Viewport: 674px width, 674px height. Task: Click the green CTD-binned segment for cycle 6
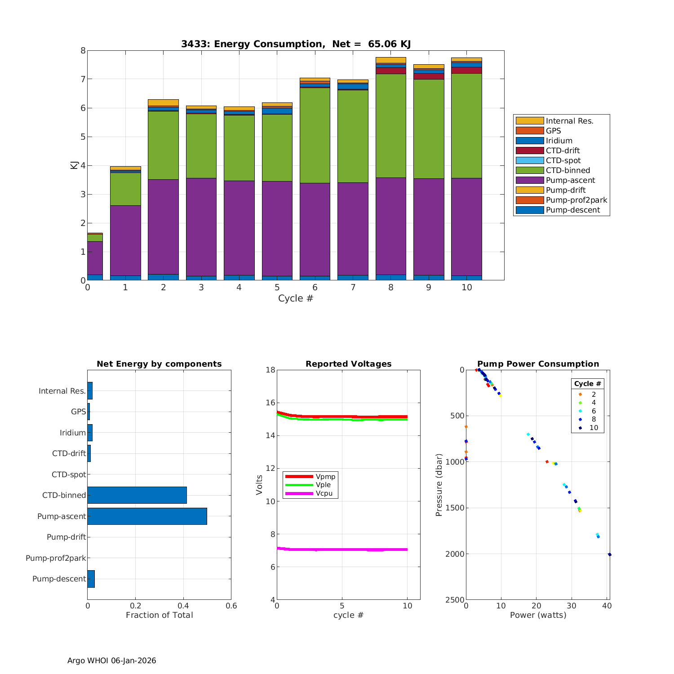click(x=315, y=135)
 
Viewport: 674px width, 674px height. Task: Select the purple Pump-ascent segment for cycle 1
click(x=125, y=240)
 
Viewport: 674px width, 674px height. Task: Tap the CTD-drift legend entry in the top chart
click(x=562, y=151)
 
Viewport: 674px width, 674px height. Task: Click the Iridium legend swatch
click(x=529, y=141)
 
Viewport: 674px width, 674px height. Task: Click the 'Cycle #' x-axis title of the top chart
click(x=296, y=298)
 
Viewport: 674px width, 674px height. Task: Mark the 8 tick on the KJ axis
click(x=83, y=50)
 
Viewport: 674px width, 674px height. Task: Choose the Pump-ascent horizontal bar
click(x=147, y=516)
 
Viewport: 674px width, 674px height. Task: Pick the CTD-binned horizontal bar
click(x=137, y=495)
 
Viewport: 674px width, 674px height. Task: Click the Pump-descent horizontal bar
click(x=91, y=579)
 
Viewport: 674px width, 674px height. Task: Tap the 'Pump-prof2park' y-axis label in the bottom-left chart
click(x=55, y=558)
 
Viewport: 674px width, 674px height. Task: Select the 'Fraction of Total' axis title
click(x=159, y=615)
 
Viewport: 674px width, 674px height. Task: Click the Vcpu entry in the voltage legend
click(x=324, y=493)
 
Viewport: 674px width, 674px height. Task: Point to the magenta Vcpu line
click(x=341, y=550)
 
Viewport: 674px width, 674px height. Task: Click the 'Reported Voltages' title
click(x=348, y=364)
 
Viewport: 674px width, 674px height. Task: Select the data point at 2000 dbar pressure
click(x=609, y=554)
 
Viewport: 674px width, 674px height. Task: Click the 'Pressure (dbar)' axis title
click(x=439, y=484)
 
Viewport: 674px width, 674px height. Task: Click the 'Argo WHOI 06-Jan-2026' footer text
click(x=111, y=661)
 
